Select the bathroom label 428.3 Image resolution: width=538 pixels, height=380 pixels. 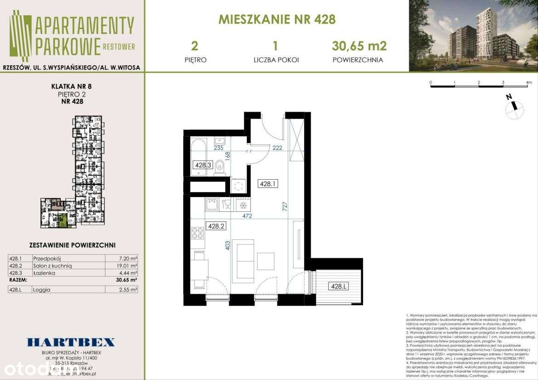click(202, 165)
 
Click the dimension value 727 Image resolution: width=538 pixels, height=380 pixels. click(285, 207)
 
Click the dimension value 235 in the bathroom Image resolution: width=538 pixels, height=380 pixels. click(219, 148)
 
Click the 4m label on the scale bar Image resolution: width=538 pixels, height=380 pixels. click(529, 83)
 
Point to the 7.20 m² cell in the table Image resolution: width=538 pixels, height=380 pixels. click(128, 259)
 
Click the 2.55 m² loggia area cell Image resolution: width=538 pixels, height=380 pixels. click(128, 289)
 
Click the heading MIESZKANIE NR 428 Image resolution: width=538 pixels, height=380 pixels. click(277, 19)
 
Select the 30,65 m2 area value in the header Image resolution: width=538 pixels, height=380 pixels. click(359, 45)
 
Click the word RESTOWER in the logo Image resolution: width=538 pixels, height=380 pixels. click(119, 46)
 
